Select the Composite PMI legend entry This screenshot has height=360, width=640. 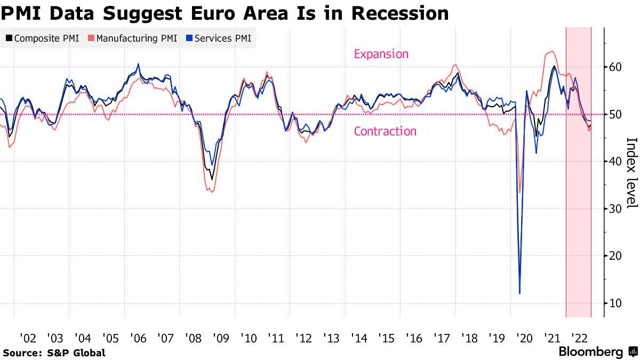[x=42, y=38]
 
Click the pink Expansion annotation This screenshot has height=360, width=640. [x=381, y=54]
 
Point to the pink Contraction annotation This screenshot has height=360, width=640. [x=385, y=131]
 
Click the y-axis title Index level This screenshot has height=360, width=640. [x=631, y=165]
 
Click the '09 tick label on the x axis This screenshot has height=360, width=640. [x=221, y=338]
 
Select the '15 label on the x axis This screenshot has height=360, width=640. [x=386, y=338]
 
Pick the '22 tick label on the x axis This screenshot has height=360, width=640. [x=579, y=338]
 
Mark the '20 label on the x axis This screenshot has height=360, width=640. [x=524, y=338]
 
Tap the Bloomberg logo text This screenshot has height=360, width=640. [x=591, y=352]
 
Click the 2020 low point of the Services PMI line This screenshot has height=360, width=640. [x=519, y=293]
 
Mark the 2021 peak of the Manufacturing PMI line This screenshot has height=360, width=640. [x=551, y=52]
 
